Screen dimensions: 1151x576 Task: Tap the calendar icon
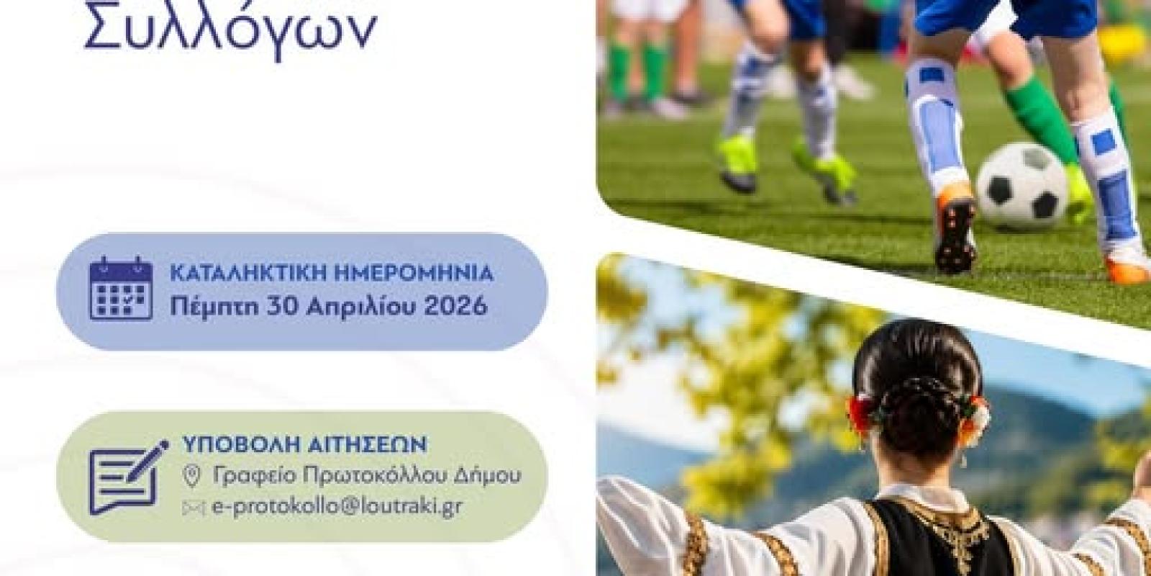(122, 289)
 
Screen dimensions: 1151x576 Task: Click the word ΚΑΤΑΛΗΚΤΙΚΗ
(247, 274)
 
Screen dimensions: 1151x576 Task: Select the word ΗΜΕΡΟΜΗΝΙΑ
(414, 274)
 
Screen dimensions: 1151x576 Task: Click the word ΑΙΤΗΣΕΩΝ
(368, 445)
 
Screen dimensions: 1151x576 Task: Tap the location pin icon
(191, 476)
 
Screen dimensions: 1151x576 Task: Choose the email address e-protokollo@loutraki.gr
(337, 507)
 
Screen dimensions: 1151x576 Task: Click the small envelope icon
(194, 508)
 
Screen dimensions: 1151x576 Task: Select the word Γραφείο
(253, 477)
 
